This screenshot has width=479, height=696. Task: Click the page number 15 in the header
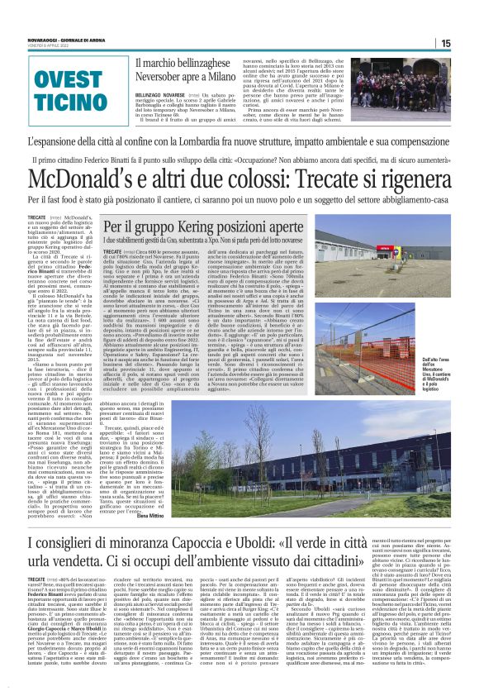[x=468, y=42]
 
